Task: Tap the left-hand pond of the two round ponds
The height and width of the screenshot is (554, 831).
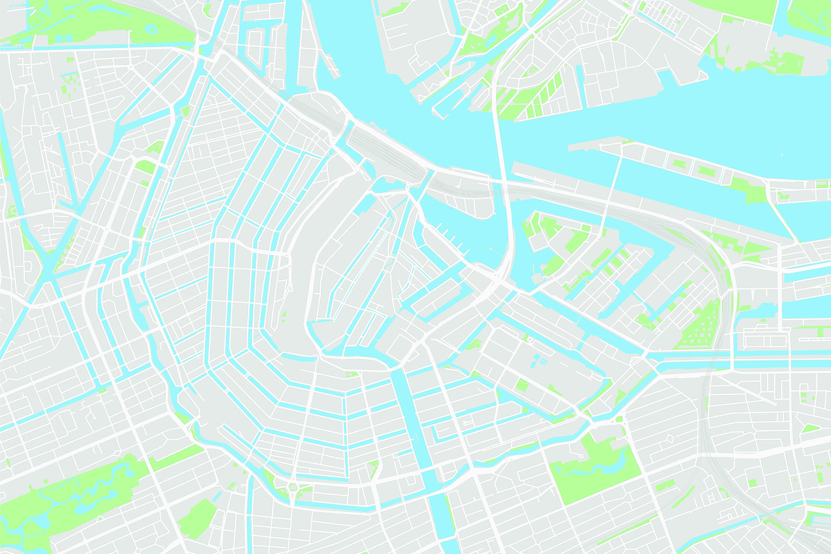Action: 59,38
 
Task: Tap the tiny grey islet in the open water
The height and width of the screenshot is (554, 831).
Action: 782,154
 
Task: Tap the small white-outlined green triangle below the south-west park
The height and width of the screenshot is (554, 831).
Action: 100,518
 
